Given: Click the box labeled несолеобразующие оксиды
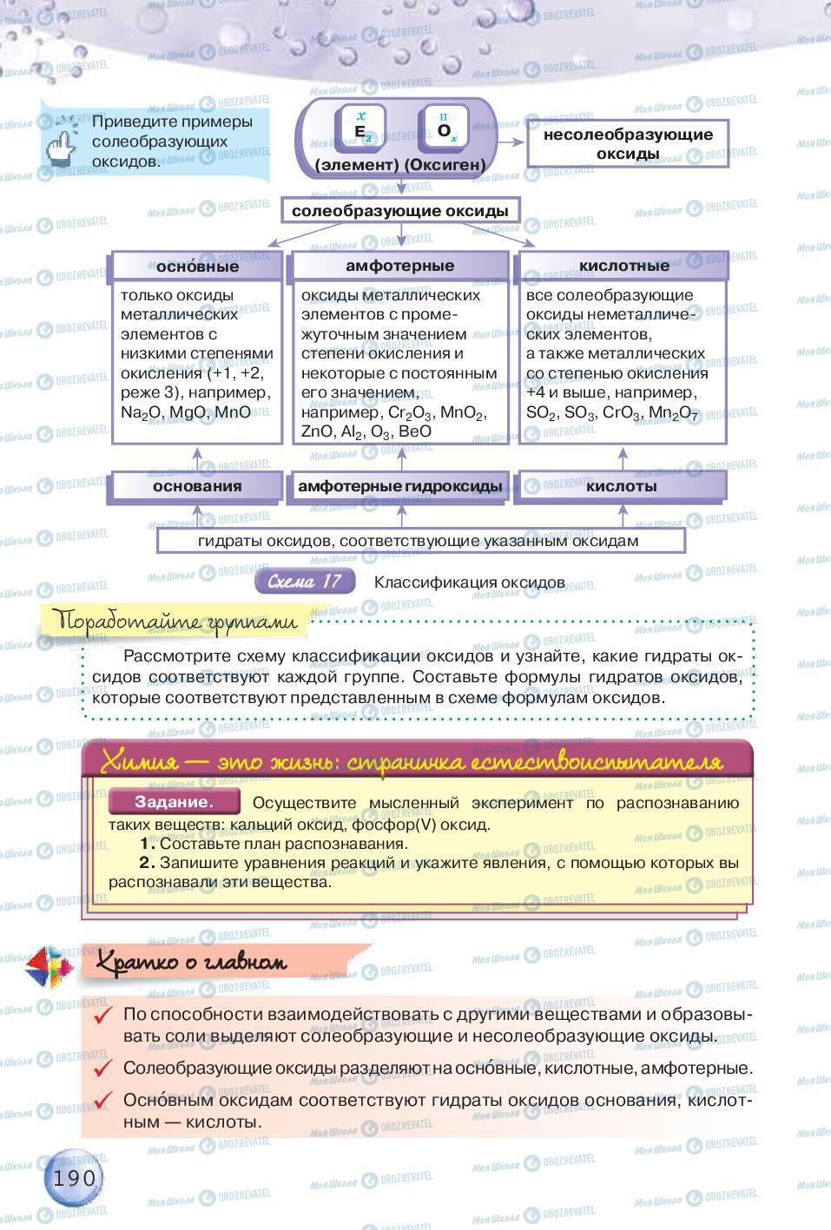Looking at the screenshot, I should coord(628,144).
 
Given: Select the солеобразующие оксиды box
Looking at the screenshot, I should coord(400,211).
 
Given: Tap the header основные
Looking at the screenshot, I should coord(197,266).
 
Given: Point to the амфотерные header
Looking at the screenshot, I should coord(400,266).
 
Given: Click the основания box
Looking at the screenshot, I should coord(197,486).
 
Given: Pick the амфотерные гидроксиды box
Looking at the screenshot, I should coord(400,486).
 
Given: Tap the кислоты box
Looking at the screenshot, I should coord(621,486).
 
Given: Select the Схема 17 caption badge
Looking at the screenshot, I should coord(306,582).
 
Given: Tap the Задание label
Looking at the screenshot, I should coord(174,802).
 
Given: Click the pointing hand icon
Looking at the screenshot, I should coord(63,141).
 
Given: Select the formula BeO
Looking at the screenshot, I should coord(414,431).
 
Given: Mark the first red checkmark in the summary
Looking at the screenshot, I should coord(104,1016).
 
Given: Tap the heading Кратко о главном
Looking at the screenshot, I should coord(191,962).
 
